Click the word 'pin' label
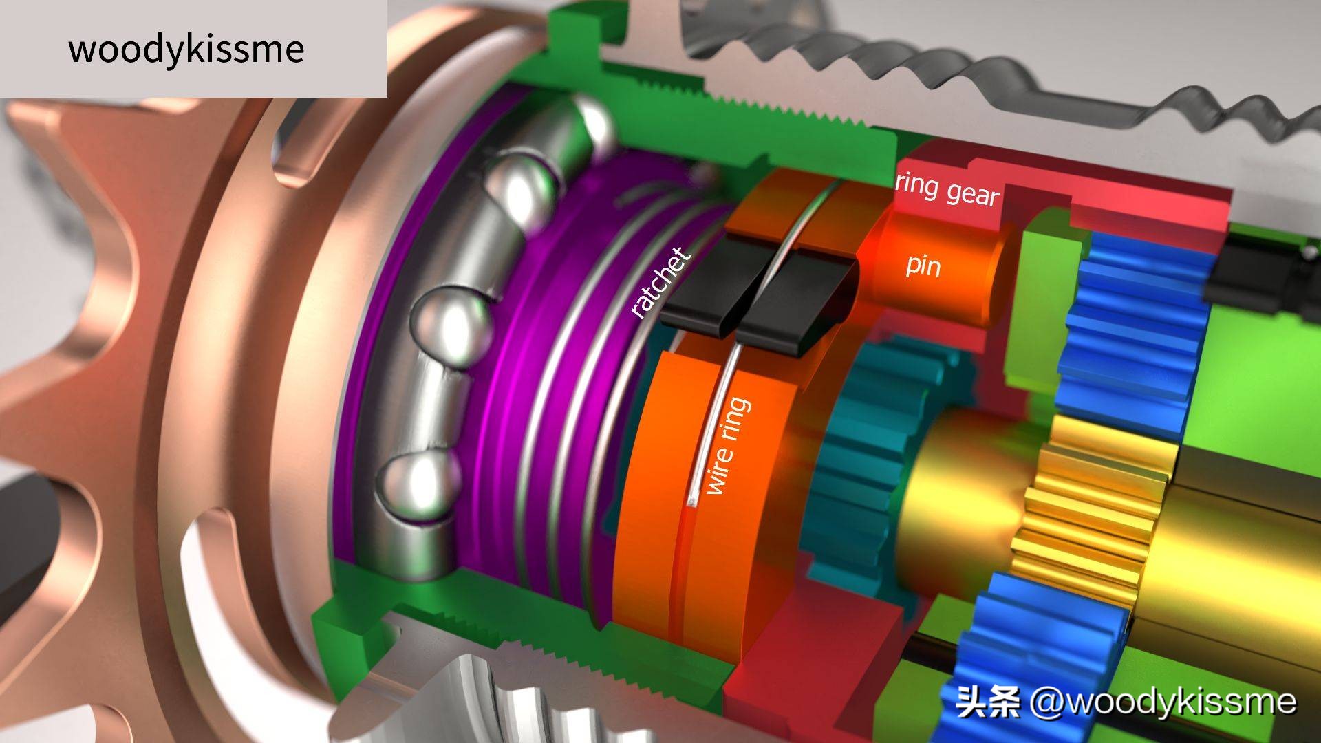923,264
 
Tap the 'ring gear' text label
947,190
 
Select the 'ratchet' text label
659,283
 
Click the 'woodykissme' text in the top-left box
186,49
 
